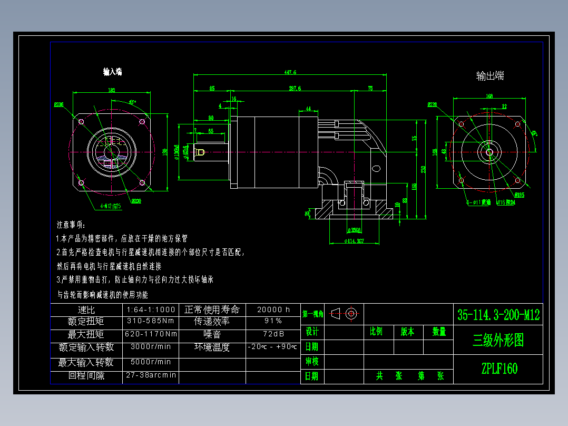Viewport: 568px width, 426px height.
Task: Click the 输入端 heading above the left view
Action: tap(113, 72)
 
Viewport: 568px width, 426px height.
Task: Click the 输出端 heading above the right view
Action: tap(490, 76)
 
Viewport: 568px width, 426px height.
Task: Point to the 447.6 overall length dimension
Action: tap(290, 72)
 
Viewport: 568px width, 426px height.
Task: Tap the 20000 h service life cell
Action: tap(273, 309)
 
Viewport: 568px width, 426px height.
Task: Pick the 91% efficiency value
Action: tap(273, 321)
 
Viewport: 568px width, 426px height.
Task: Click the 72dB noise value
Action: tap(273, 334)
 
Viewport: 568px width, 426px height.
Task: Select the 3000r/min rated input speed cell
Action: tap(151, 347)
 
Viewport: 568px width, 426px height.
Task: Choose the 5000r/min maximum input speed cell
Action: tap(151, 362)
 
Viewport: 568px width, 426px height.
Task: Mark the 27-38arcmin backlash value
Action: tap(151, 375)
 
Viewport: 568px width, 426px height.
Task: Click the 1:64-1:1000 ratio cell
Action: tap(151, 309)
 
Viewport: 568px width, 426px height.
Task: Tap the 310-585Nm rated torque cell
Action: tap(151, 321)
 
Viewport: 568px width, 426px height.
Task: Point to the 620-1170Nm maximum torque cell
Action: tap(151, 334)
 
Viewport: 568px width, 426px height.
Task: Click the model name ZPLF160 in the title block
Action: tap(498, 369)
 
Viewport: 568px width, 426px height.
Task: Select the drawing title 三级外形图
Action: tap(498, 341)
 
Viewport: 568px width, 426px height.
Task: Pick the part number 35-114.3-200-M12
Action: tap(498, 315)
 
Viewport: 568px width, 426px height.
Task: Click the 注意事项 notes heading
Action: tap(70, 225)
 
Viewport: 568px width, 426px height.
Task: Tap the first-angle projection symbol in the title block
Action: tap(345, 313)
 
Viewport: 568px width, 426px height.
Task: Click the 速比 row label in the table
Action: tap(86, 309)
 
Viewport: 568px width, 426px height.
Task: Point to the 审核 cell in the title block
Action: tap(312, 361)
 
